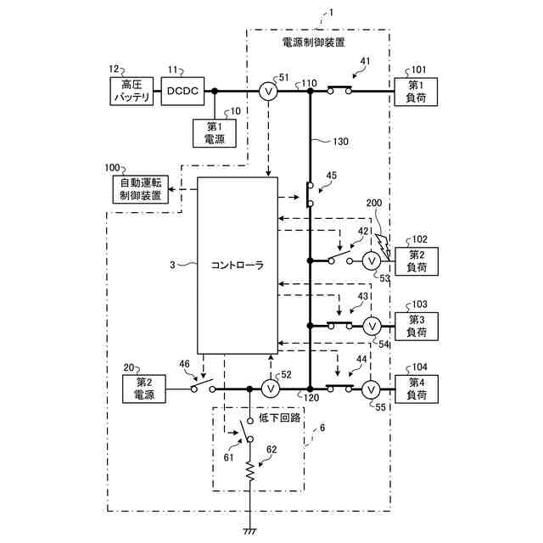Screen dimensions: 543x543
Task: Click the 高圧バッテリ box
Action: pos(131,92)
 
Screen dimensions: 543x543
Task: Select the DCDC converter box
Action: pos(182,92)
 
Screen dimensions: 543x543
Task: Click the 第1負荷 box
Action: pos(417,92)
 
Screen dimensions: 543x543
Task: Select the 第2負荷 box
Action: pos(417,260)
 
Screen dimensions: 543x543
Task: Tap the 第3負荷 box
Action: pos(417,325)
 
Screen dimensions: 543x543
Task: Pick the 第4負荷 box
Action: pos(417,389)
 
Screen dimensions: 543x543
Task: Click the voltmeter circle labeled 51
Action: pos(267,92)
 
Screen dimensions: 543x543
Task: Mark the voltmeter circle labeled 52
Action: pos(270,389)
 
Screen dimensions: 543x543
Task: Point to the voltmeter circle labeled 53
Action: pos(371,260)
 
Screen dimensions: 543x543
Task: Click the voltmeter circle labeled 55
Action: pos(371,389)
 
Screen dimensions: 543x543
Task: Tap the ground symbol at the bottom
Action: pos(250,531)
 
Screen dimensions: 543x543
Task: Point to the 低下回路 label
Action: pos(276,418)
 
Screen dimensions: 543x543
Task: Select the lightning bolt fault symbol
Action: pos(383,244)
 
